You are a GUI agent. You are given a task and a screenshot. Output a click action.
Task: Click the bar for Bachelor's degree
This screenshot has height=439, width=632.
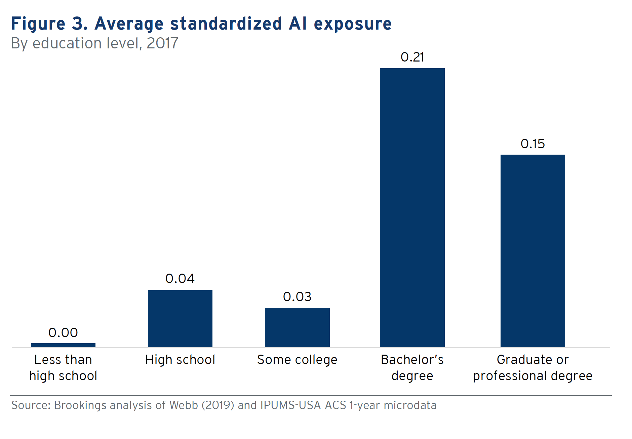(412, 207)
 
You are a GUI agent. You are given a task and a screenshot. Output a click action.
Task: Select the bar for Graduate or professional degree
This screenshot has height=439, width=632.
(532, 251)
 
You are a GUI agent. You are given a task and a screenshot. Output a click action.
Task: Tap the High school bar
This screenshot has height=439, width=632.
(180, 318)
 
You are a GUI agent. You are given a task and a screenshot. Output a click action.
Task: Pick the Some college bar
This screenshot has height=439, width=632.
(297, 327)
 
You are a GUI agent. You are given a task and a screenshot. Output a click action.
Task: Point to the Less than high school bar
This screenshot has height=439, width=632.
(63, 345)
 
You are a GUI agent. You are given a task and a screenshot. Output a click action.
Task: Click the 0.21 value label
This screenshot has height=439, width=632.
(412, 57)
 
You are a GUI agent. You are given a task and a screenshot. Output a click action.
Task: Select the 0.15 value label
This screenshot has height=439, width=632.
(532, 144)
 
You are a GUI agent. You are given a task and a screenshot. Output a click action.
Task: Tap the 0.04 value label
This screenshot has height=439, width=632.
(180, 279)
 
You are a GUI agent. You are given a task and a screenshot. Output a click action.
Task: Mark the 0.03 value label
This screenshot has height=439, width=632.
(297, 297)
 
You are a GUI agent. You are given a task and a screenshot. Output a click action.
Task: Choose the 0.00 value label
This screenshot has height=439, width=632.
(63, 333)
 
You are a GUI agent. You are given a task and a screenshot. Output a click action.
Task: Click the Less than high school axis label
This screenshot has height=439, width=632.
(63, 368)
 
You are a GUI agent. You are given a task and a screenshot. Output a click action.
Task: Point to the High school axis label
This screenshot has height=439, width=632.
(180, 360)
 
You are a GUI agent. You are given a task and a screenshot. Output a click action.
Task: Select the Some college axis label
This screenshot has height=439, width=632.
(297, 360)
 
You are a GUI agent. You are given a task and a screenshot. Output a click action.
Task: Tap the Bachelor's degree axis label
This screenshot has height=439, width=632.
(412, 368)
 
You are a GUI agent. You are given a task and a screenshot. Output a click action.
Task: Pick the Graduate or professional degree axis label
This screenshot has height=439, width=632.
(532, 368)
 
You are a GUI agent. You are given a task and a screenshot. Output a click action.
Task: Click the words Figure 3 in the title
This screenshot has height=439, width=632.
(49, 24)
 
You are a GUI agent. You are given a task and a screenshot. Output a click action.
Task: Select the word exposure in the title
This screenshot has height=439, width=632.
(353, 24)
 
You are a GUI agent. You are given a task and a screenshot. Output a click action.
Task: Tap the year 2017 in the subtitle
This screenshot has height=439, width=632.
(162, 43)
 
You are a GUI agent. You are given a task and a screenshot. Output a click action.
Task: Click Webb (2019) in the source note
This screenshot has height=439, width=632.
(202, 405)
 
